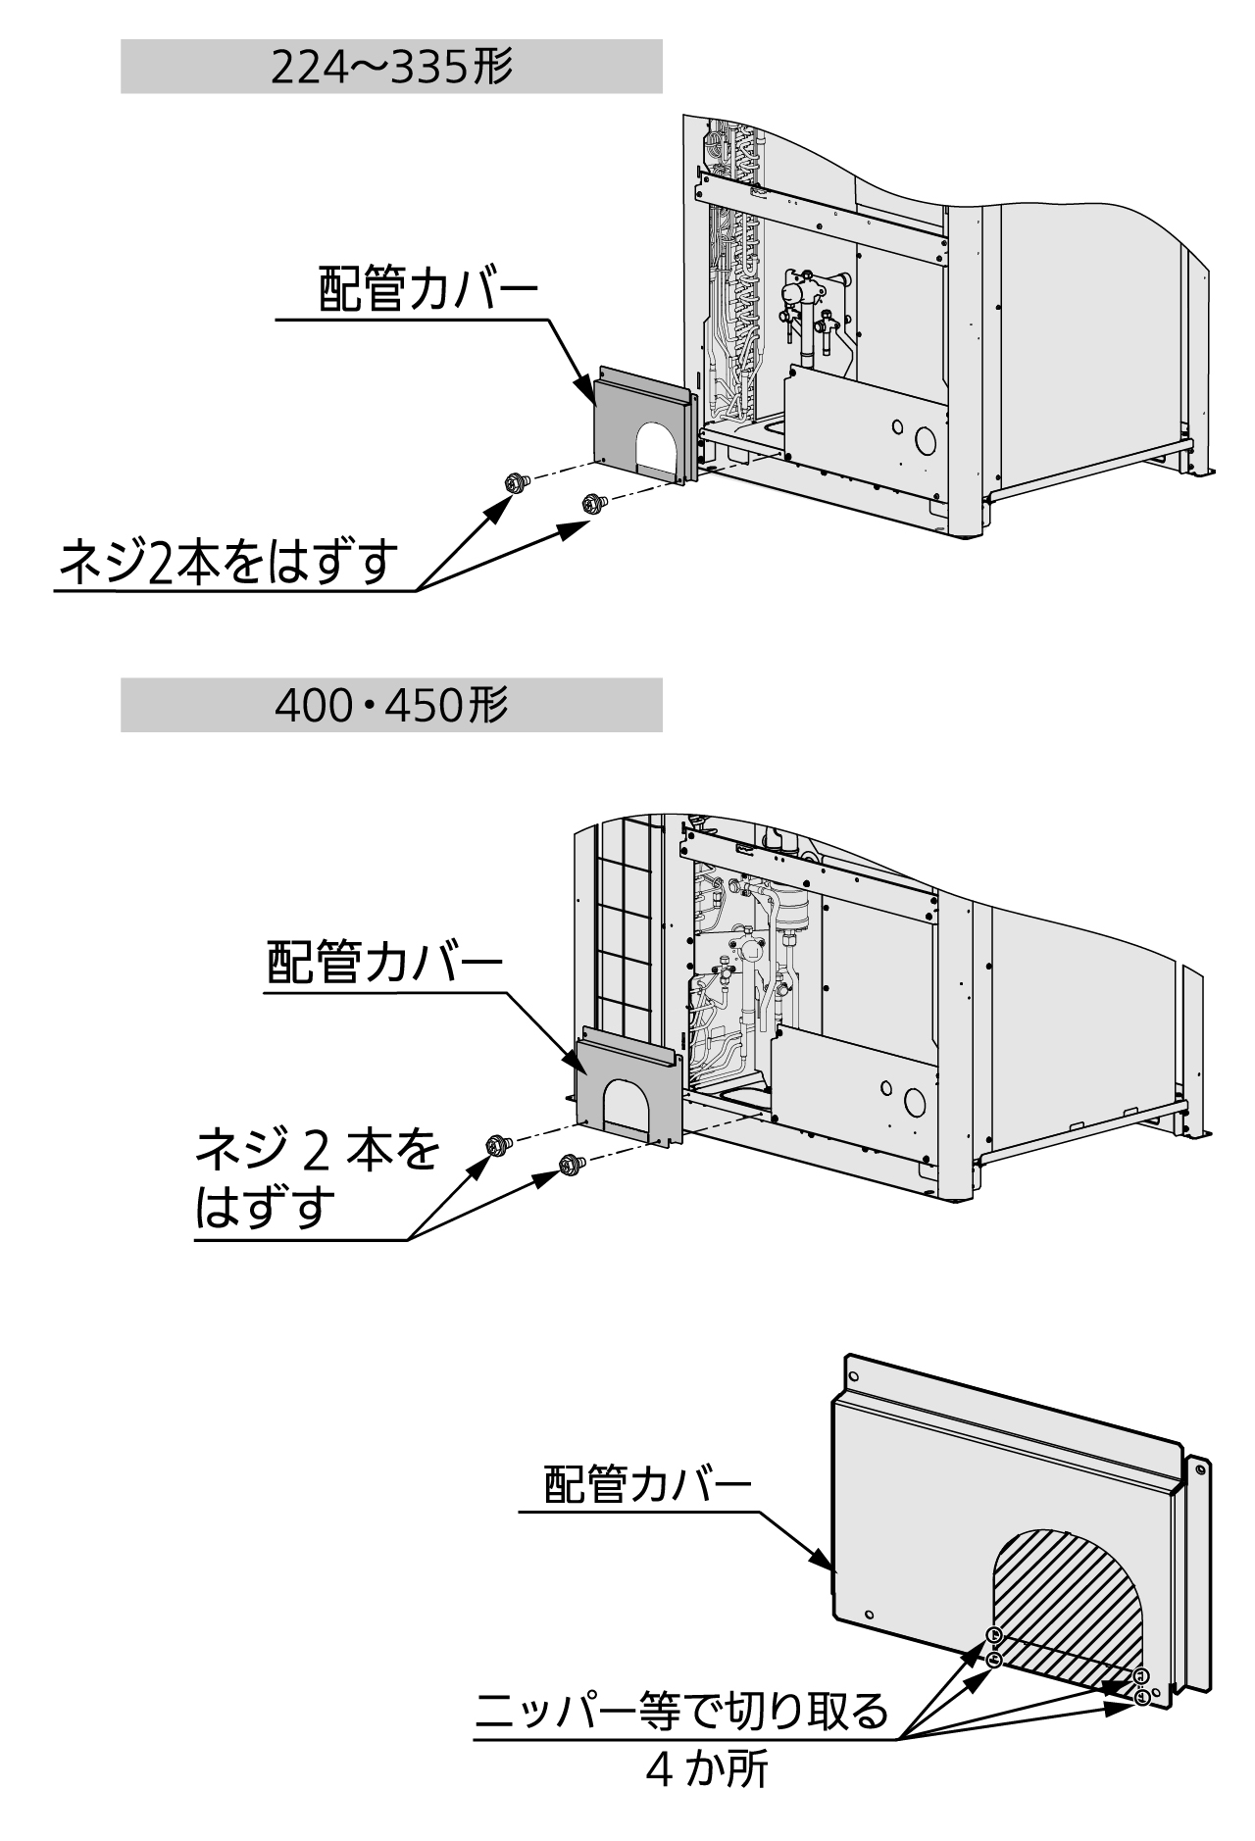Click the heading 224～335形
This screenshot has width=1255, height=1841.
[x=391, y=68]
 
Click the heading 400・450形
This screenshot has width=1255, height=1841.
[x=391, y=705]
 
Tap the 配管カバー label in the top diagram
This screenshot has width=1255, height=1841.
[x=428, y=291]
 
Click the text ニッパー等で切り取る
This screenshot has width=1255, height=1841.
[x=681, y=1712]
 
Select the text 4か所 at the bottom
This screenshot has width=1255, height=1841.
[x=706, y=1767]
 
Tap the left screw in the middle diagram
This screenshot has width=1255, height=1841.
[x=496, y=1144]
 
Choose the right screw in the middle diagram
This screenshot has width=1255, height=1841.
[x=568, y=1164]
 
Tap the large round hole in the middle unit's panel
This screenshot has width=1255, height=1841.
[x=914, y=1103]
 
